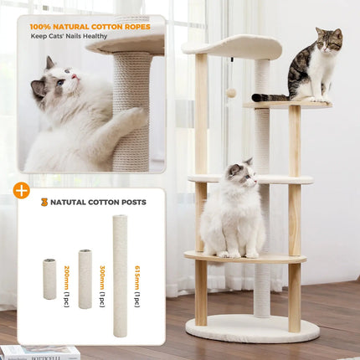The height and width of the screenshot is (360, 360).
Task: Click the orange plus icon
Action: (22, 190)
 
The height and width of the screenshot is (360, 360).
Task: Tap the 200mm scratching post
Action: (49, 279)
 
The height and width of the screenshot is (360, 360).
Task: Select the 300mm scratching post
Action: (85, 279)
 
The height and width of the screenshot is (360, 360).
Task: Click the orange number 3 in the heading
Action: (44, 202)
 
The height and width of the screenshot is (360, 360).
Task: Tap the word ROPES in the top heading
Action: (136, 27)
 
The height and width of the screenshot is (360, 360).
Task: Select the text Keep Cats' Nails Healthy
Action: (69, 37)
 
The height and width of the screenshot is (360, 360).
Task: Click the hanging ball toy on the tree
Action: (232, 93)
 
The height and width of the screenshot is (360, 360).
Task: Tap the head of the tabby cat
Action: (328, 39)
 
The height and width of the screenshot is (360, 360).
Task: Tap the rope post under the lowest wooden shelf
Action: (262, 290)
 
